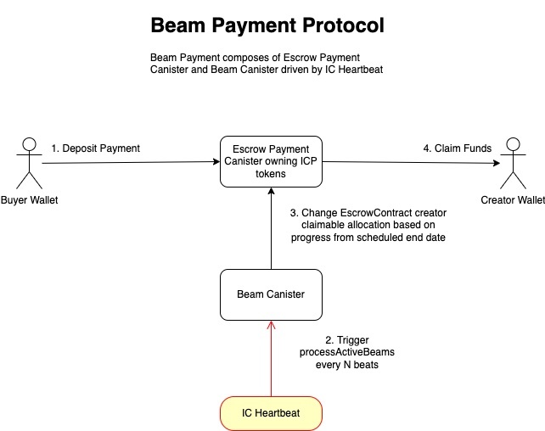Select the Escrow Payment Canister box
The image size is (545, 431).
(x=271, y=161)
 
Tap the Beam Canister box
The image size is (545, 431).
(x=271, y=294)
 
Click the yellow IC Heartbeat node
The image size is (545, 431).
(x=271, y=413)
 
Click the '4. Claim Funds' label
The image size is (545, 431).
(x=457, y=148)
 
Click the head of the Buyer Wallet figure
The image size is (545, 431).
(x=30, y=142)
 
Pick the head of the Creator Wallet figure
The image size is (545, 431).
(x=511, y=142)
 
